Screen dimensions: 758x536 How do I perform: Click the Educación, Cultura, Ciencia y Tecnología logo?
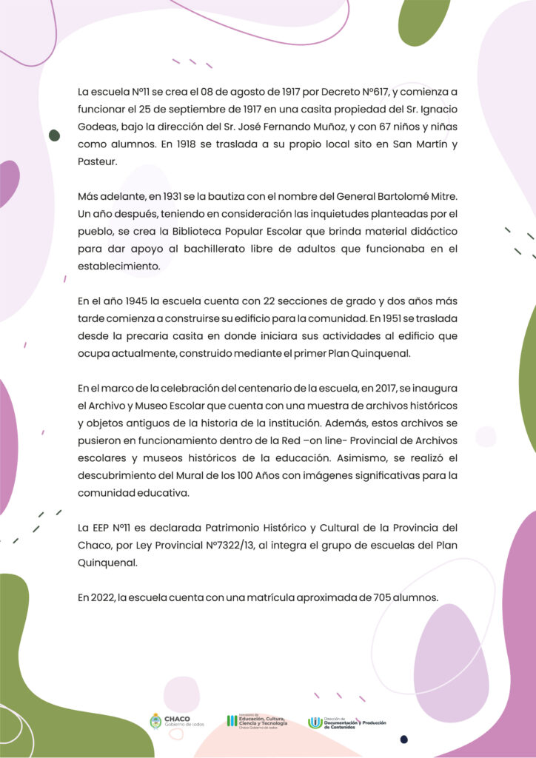[x=256, y=721]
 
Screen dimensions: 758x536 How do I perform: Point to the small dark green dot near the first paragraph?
[x=54, y=135]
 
